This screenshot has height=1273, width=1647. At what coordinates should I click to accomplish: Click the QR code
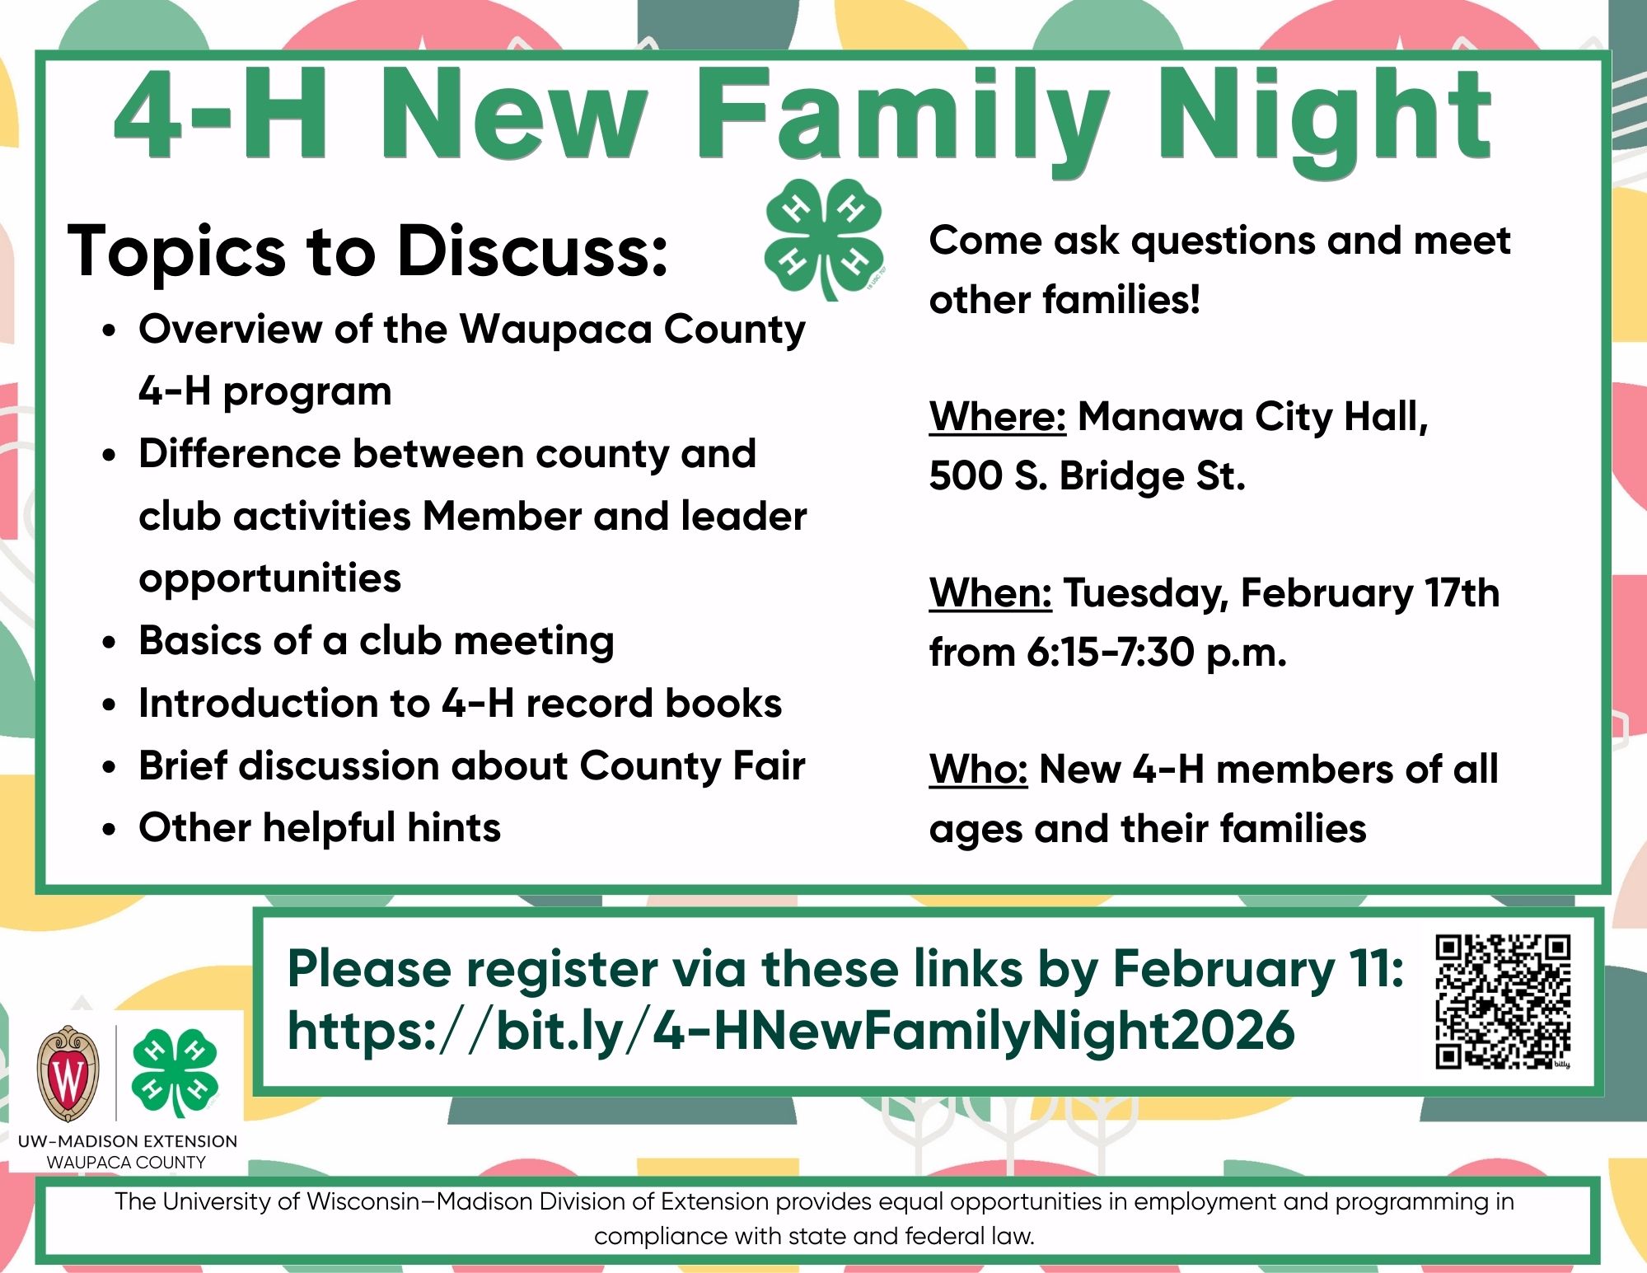1503,1001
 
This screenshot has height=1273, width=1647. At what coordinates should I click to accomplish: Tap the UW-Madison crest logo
68,1074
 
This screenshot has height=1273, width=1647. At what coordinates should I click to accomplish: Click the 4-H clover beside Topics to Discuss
824,238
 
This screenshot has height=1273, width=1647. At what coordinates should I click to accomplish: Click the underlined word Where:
998,417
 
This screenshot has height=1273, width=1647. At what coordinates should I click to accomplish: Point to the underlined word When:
990,593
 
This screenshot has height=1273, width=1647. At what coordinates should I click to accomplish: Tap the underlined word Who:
978,770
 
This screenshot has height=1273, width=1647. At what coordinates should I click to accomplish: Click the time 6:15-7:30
1111,653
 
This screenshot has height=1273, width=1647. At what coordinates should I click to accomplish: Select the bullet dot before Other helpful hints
110,829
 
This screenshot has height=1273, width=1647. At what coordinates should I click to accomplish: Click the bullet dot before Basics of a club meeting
110,642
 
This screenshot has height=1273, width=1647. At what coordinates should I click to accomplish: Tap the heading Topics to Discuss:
367,250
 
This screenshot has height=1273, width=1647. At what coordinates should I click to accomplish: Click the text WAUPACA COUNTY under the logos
126,1163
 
